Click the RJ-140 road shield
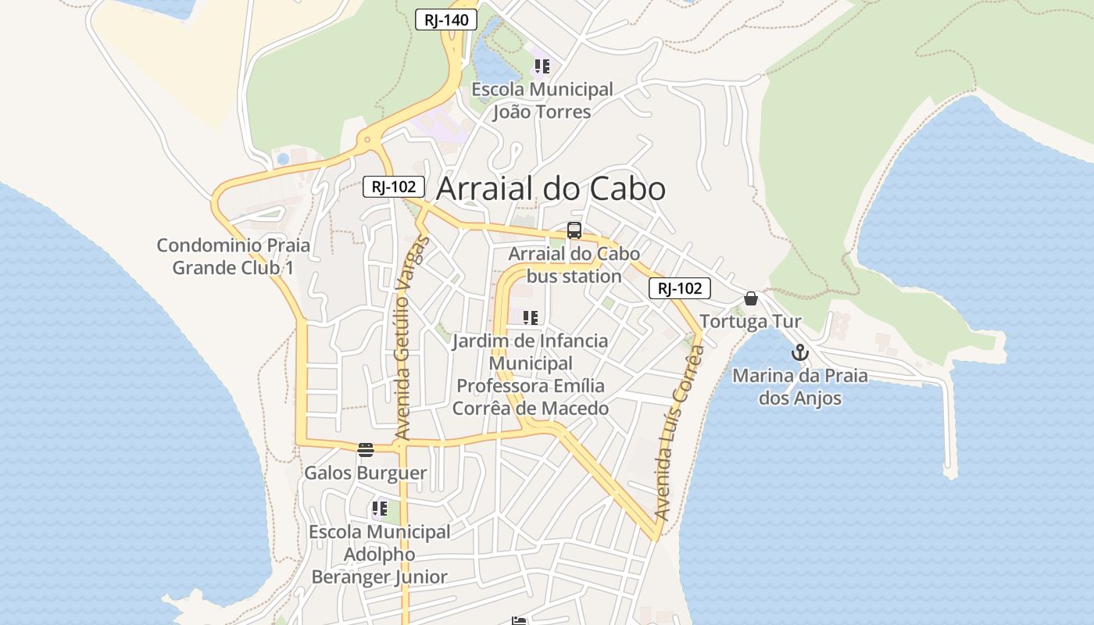pyautogui.click(x=445, y=20)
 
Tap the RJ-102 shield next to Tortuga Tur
pyautogui.click(x=679, y=288)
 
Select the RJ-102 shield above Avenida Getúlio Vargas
pyautogui.click(x=394, y=187)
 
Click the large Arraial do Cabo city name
pyautogui.click(x=550, y=189)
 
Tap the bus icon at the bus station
pyautogui.click(x=574, y=230)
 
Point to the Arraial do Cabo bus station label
pyautogui.click(x=574, y=265)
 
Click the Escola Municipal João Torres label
pyautogui.click(x=542, y=101)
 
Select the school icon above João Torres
pyautogui.click(x=542, y=66)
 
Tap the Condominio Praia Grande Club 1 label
pyautogui.click(x=234, y=256)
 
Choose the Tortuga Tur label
pyautogui.click(x=751, y=322)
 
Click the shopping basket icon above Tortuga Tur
pyautogui.click(x=751, y=298)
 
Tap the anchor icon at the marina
pyautogui.click(x=799, y=352)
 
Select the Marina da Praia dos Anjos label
pyautogui.click(x=800, y=387)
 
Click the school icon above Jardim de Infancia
pyautogui.click(x=531, y=318)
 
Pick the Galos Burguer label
pyautogui.click(x=366, y=473)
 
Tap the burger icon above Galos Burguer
pyautogui.click(x=366, y=449)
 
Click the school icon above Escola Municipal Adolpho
pyautogui.click(x=380, y=509)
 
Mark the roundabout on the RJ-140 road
pyautogui.click(x=366, y=141)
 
